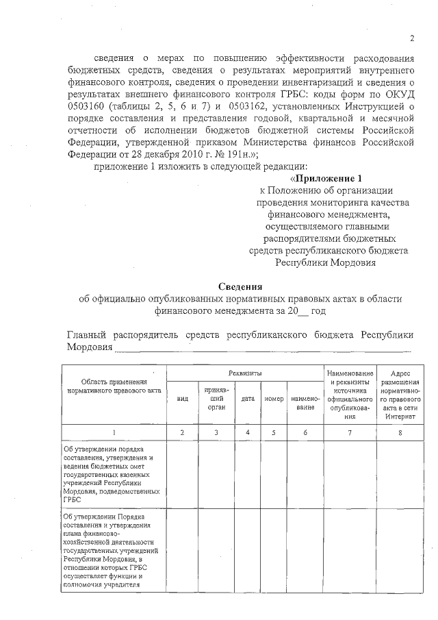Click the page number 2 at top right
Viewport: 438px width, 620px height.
click(412, 38)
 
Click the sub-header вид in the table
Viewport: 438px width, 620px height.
click(182, 399)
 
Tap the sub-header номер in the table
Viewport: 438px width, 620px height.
click(274, 399)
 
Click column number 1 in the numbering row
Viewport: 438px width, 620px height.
click(114, 432)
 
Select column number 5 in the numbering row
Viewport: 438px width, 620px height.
click(274, 432)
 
